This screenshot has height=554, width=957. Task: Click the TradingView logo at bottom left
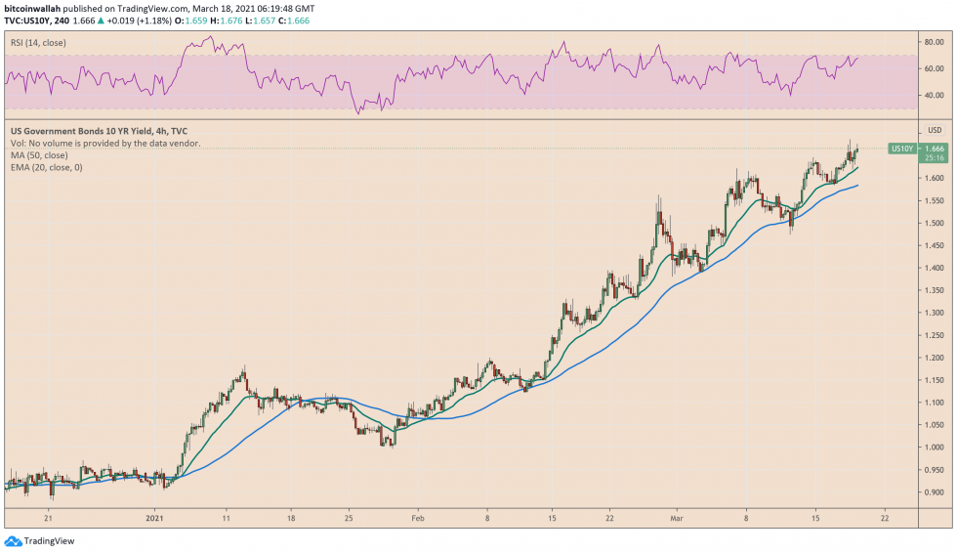[40, 541]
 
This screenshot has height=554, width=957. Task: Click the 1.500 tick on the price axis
[935, 223]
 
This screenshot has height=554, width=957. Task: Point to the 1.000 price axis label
[935, 447]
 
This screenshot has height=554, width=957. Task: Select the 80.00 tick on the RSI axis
[935, 42]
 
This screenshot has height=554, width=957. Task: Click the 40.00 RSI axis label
[935, 96]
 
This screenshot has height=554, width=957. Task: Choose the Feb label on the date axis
[418, 518]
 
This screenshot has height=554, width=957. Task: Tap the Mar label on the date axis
[677, 518]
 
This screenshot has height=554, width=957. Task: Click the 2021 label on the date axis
[154, 518]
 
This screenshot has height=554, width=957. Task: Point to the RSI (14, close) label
[38, 43]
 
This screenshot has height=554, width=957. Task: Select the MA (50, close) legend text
[39, 155]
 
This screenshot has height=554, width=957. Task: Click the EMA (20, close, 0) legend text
[47, 167]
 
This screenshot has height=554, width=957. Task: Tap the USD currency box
[935, 130]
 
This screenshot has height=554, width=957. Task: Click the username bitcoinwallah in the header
[32, 9]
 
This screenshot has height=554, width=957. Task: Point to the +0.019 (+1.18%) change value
[139, 21]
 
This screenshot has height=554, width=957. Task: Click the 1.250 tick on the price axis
[935, 335]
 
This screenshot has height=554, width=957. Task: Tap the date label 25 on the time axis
[349, 518]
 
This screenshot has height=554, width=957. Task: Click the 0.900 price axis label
[935, 492]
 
